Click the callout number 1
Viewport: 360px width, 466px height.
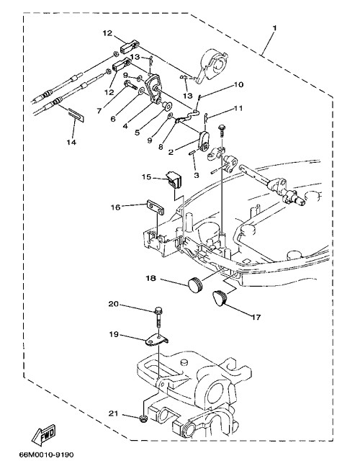[x=275, y=28]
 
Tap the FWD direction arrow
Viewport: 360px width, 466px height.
[x=44, y=434]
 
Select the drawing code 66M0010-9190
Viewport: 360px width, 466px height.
[x=46, y=454]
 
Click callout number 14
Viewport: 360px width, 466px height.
[x=71, y=142]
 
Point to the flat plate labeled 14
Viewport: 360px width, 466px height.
[x=76, y=115]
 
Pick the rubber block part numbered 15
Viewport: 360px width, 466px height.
[x=175, y=180]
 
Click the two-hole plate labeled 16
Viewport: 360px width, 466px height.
[x=156, y=207]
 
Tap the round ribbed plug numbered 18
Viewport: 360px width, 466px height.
[x=196, y=284]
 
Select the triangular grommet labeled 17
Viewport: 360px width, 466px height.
[x=220, y=297]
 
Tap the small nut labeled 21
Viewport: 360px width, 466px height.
[x=143, y=419]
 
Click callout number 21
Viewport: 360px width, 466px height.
[x=113, y=413]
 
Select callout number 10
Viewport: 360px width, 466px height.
[x=238, y=85]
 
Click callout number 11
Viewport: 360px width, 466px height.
[x=238, y=108]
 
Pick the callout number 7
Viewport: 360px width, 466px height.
[x=99, y=111]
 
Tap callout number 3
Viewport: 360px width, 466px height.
[x=197, y=175]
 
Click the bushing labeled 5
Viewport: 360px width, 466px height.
[x=166, y=105]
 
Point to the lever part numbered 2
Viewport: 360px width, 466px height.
[x=204, y=141]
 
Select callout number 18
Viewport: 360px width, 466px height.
[x=150, y=278]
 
